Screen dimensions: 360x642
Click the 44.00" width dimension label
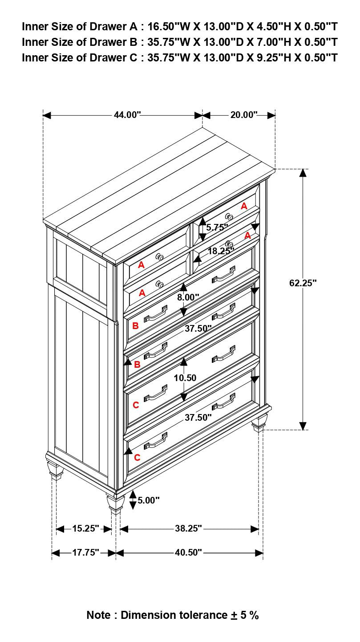click(x=127, y=115)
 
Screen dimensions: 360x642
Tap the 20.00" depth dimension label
click(x=244, y=115)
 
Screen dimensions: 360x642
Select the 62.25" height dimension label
click(x=303, y=283)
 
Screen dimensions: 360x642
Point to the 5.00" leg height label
click(x=148, y=500)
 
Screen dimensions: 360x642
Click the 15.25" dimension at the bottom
click(x=85, y=528)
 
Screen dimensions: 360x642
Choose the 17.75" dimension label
click(x=85, y=553)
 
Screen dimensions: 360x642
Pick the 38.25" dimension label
click(x=188, y=528)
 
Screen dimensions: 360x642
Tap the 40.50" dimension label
click(x=188, y=553)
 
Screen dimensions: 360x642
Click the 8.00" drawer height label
click(x=188, y=297)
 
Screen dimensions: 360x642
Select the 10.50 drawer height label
click(x=185, y=378)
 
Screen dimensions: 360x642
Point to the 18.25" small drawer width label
click(x=221, y=251)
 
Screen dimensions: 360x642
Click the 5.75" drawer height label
click(x=217, y=227)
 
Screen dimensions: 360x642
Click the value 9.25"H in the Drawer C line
click(x=274, y=57)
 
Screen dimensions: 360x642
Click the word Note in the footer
click(x=98, y=615)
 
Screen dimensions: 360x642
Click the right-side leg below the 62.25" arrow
click(x=259, y=423)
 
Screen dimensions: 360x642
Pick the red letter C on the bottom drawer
click(x=137, y=458)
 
